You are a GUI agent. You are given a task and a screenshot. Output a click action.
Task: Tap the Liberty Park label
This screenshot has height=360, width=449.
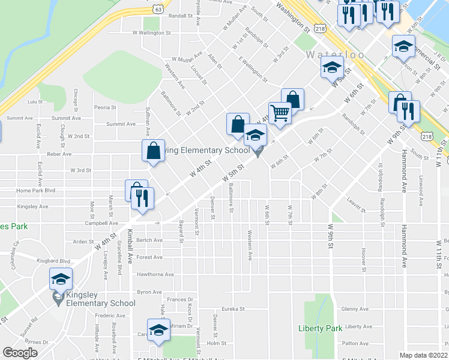pos(320,328)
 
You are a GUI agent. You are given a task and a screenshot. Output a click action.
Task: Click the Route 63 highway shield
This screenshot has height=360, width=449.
pos(158,9)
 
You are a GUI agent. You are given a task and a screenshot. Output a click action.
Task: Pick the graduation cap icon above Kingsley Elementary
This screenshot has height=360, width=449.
pos(61,279)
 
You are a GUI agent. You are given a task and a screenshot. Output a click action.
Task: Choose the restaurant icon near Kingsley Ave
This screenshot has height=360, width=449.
pos(143,199)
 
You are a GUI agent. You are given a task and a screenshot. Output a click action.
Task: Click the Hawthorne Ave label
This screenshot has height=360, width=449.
pos(155,275)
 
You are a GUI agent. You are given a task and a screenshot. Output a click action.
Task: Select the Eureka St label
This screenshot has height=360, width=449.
pos(234,309)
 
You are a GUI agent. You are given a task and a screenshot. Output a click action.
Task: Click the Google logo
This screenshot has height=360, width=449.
pos(20,353)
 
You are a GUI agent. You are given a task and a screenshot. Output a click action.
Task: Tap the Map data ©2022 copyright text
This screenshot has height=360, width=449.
pos(423,355)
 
